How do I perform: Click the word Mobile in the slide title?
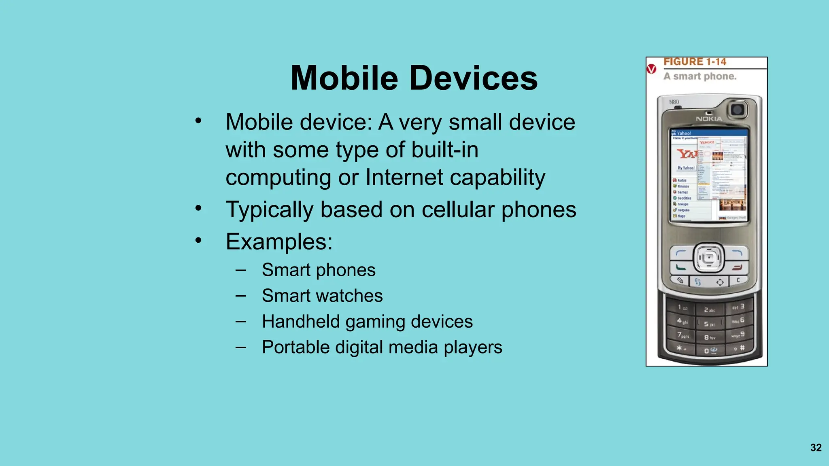(x=344, y=78)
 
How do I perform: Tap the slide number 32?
(x=816, y=447)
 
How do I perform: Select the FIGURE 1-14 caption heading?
(x=695, y=62)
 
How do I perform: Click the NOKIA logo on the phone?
(x=709, y=119)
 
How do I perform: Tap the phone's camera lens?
(x=737, y=109)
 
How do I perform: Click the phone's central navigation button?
(x=709, y=257)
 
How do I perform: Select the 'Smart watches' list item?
(x=322, y=296)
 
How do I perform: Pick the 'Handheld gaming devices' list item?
(x=367, y=322)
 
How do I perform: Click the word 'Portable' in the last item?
(x=296, y=347)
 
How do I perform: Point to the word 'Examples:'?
(x=279, y=241)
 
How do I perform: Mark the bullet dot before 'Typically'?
(x=198, y=208)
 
